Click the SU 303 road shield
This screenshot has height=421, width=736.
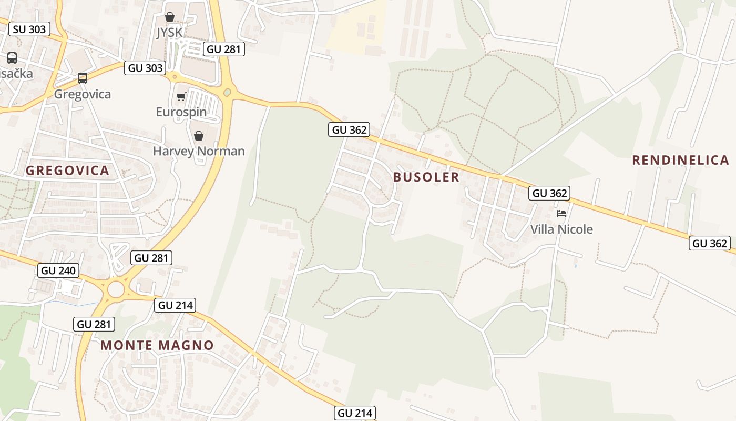tap(29, 29)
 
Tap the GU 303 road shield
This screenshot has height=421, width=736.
tap(145, 67)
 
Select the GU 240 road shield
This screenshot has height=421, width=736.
tap(58, 270)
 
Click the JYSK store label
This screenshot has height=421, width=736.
tap(169, 33)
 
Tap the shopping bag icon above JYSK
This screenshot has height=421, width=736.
tap(170, 17)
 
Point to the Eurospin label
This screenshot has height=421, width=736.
tap(181, 112)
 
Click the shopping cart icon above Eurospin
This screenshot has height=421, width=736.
tap(181, 96)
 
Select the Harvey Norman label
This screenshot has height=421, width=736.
tap(199, 151)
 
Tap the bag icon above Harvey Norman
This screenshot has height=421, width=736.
tap(199, 136)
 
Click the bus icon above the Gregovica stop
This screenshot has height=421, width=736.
tap(83, 78)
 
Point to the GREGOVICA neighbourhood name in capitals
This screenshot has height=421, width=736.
tap(67, 171)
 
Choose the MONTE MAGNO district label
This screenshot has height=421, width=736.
tap(157, 345)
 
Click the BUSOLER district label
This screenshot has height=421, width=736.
tap(426, 177)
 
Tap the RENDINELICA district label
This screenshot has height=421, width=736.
tap(680, 160)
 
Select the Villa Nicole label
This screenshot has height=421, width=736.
tap(561, 229)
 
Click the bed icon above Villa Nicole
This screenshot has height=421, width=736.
tap(561, 214)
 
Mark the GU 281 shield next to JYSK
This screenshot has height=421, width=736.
tap(223, 49)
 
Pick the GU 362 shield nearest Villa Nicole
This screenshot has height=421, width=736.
tap(549, 193)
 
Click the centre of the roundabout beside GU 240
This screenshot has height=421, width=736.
tap(116, 289)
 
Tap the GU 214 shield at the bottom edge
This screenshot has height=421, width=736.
tap(355, 413)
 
